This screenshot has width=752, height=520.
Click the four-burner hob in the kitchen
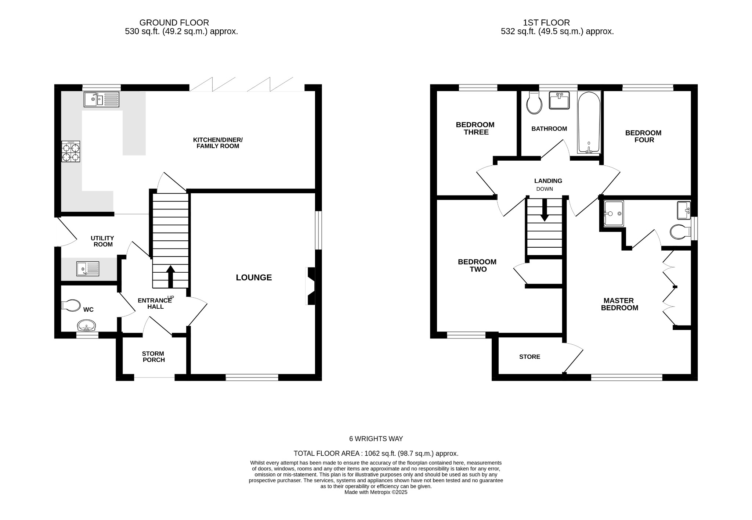point(71,152)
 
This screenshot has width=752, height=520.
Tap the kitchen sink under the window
point(101,99)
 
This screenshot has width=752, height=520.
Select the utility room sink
point(88,269)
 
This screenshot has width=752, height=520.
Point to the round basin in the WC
point(87,326)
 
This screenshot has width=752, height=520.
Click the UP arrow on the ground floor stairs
point(170,276)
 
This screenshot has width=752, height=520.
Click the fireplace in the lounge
point(311,286)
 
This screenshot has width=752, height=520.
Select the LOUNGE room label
point(254,277)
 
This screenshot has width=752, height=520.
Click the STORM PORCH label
point(153,357)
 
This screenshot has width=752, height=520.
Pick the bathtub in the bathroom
point(589,122)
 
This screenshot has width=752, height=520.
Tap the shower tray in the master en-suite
point(614,213)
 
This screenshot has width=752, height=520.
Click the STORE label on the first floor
point(529,357)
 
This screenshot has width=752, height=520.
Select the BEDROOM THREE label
point(476,128)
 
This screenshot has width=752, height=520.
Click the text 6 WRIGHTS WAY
point(376,439)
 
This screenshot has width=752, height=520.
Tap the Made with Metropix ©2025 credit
point(376,492)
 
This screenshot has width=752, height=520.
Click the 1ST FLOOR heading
point(546,23)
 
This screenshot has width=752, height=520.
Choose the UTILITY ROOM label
point(102,241)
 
